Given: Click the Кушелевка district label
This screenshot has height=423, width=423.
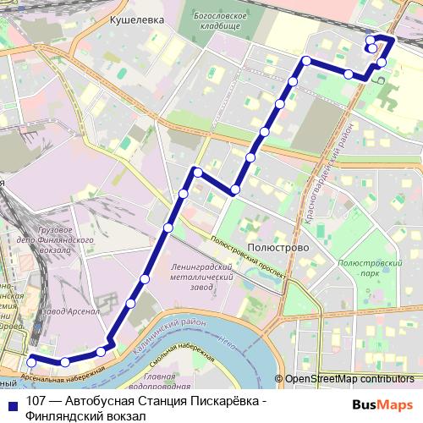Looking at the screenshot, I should coord(136,18).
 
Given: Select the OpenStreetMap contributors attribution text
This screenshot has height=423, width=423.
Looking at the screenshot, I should coord(349,379).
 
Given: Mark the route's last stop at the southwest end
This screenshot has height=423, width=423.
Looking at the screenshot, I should coord(31,362).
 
